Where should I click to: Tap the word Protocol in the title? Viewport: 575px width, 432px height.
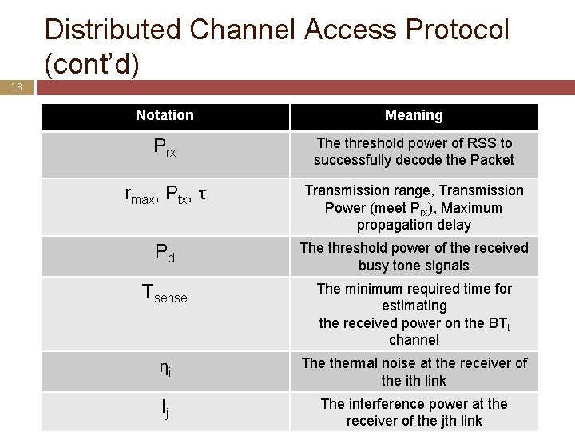(x=458, y=30)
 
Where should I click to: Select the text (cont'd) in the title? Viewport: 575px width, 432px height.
(x=92, y=64)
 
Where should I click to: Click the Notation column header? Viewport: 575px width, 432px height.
(x=165, y=115)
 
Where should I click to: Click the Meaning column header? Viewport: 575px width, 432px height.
(x=414, y=115)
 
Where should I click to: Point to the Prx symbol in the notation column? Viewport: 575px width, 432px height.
(x=165, y=147)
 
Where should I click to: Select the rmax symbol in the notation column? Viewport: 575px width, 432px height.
(x=141, y=195)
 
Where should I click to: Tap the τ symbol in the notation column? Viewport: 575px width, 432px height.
(x=203, y=194)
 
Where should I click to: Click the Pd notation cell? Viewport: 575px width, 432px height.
(x=165, y=254)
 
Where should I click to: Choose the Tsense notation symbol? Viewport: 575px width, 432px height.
(x=165, y=294)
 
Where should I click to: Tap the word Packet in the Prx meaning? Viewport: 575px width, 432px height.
(x=493, y=160)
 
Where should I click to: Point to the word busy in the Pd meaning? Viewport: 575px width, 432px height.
(x=376, y=266)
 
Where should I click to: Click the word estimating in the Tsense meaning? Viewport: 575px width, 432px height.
(x=414, y=306)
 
